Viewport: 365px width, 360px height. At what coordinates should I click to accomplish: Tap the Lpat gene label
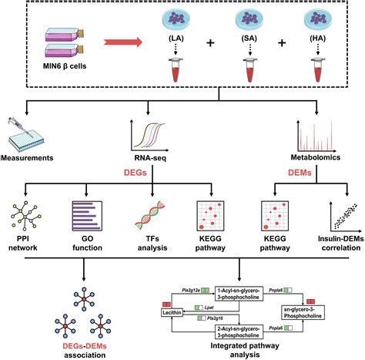click(x=209, y=306)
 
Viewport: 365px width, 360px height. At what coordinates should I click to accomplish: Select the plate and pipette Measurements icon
click(x=26, y=133)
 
